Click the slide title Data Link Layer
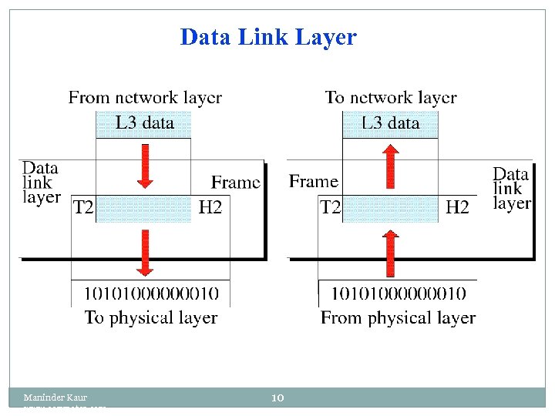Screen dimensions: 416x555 pos(268,37)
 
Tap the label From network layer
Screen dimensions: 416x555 pos(145,98)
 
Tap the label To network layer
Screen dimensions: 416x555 pos(391,98)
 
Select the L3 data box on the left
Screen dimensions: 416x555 pos(144,123)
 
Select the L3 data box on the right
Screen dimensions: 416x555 pos(391,123)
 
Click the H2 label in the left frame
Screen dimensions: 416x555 pos(210,207)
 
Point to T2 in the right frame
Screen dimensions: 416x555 pos(331,207)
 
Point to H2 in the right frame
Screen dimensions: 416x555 pos(457,207)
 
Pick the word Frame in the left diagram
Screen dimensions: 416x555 pos(236,183)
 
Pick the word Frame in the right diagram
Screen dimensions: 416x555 pos(314,182)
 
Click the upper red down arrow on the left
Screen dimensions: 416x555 pos(144,166)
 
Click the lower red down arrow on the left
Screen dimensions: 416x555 pos(144,251)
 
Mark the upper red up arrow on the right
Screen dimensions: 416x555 pos(391,166)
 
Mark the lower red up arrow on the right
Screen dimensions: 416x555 pos(391,253)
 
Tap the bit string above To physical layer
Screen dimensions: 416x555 pos(151,294)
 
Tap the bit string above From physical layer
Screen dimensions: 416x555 pos(398,294)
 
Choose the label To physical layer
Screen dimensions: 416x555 pos(151,317)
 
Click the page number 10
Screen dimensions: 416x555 pos(278,398)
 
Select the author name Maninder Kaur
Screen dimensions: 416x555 pos(55,398)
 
